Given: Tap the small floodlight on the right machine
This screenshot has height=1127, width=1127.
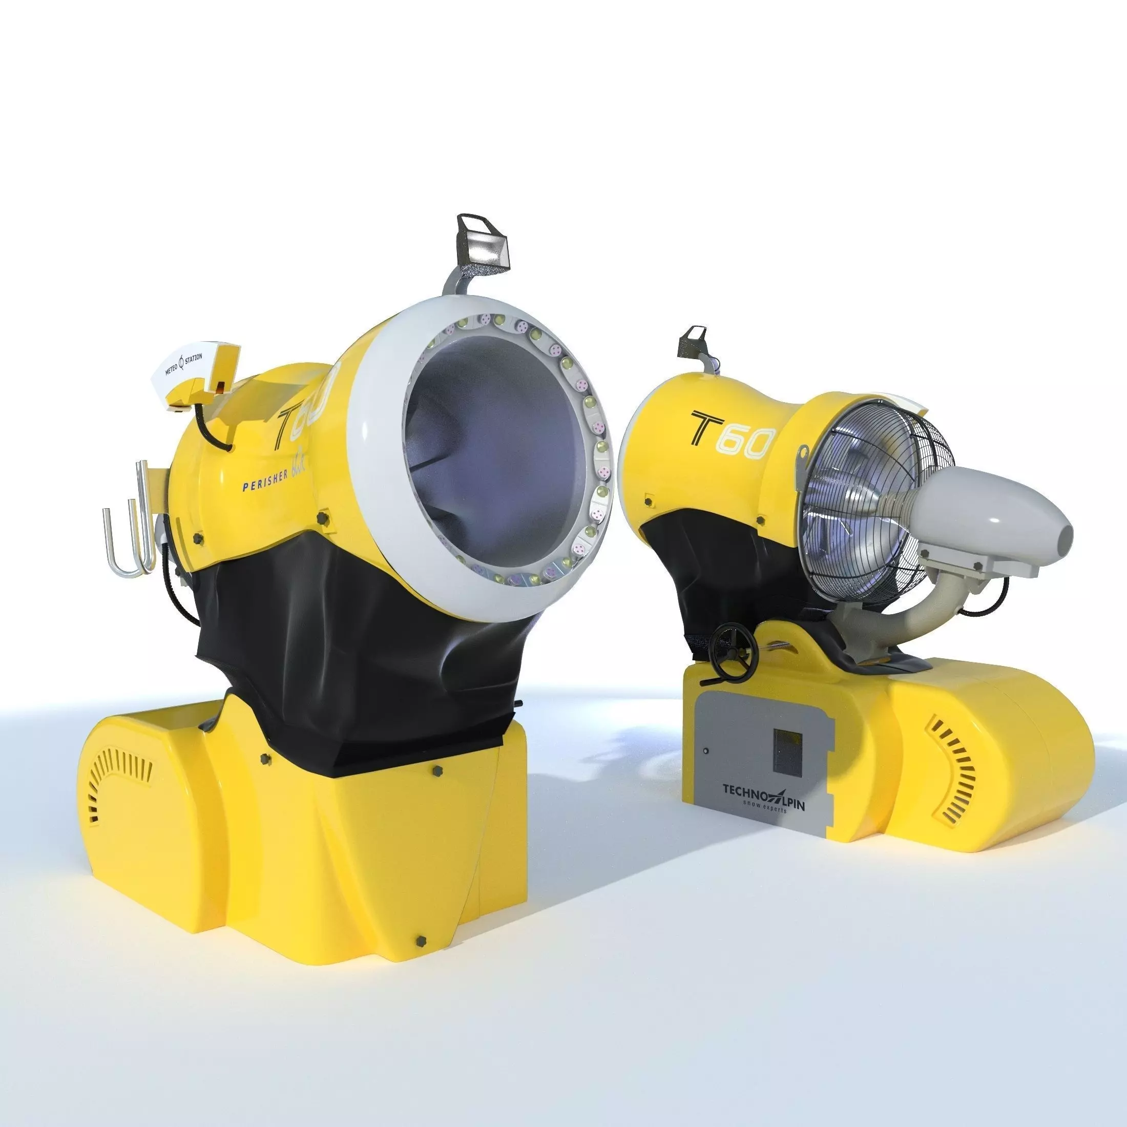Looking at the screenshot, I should pyautogui.click(x=692, y=341).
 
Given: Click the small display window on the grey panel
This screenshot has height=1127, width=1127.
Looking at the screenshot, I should pyautogui.click(x=787, y=753).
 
